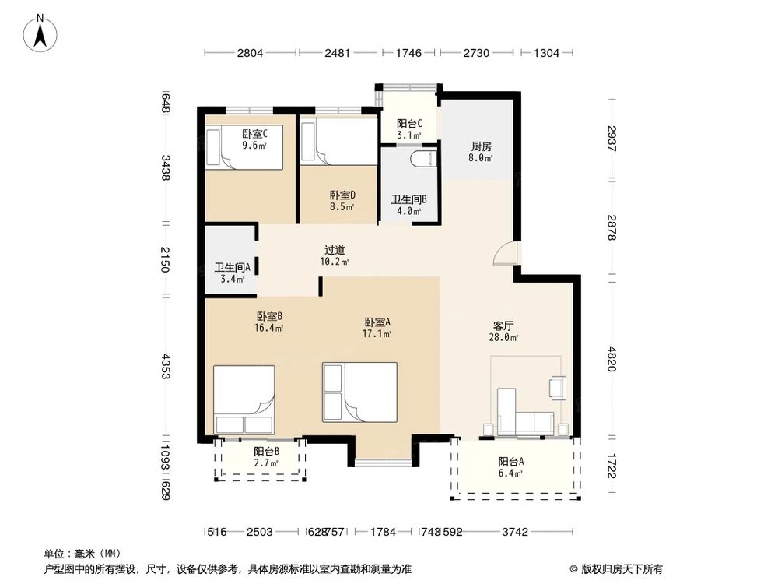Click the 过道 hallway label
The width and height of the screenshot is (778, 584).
tap(335, 251)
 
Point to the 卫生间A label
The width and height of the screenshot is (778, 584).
tap(231, 269)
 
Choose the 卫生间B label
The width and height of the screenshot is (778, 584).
tap(406, 200)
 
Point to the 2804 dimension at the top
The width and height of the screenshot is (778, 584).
tap(251, 53)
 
